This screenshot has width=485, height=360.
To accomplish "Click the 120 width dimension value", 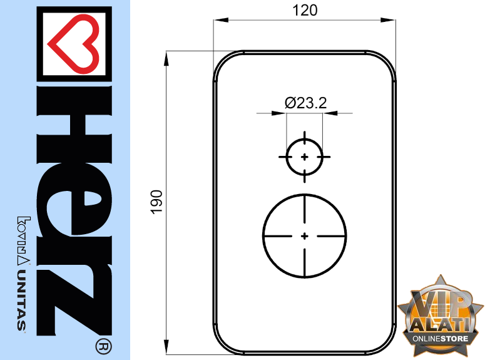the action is point(305,10).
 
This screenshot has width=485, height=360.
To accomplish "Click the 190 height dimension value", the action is point(156,202).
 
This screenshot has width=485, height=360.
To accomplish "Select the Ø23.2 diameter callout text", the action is point(305,103).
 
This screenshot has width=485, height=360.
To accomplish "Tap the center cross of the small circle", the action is point(305,157).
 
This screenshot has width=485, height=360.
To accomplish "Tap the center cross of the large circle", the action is point(305,236).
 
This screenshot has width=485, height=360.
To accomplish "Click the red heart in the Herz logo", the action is point(74,44).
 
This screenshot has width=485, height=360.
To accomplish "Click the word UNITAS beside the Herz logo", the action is point(21,301).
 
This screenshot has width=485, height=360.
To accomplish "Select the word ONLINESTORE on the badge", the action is point(440,338).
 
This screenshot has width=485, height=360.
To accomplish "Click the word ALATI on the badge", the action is point(441,325).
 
